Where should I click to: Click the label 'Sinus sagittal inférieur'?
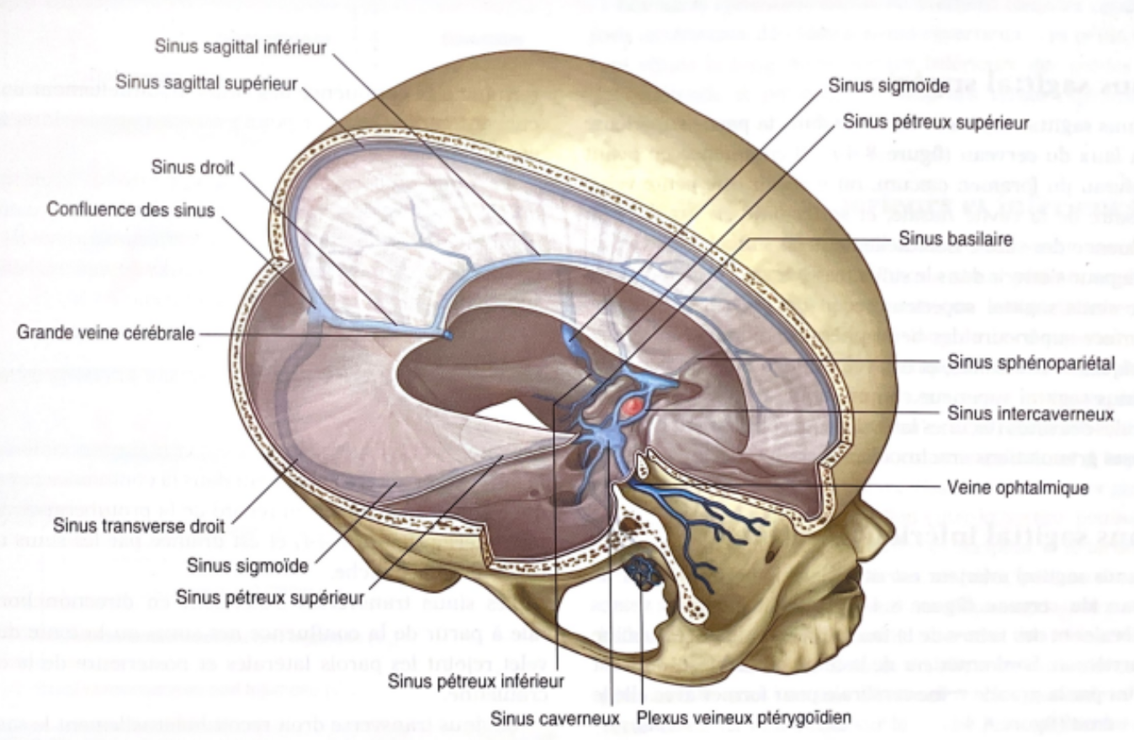[240, 47]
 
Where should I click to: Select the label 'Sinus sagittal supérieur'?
[206, 82]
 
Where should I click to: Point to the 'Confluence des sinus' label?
[130, 209]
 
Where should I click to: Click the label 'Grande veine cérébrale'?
[106, 334]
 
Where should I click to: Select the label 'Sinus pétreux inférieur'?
[476, 680]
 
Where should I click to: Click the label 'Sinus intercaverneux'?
[1031, 414]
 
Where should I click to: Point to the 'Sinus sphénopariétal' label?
[1031, 363]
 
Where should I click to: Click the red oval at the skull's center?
[633, 406]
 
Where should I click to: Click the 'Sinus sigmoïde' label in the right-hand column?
[888, 85]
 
